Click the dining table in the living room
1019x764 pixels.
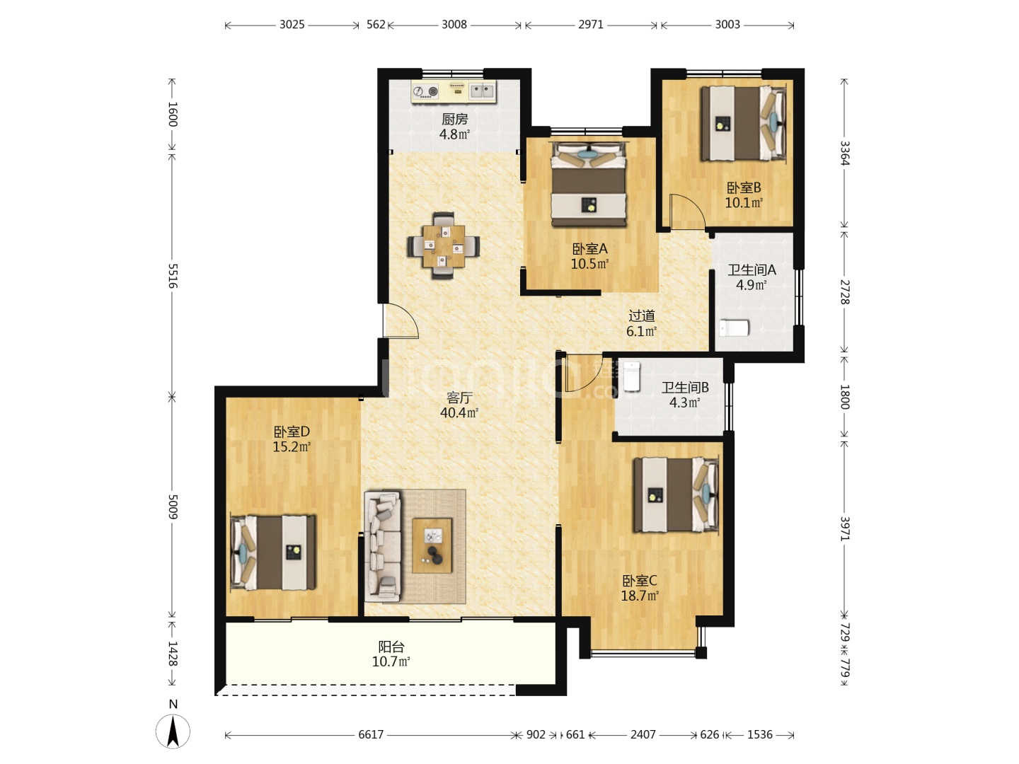coord(444,246)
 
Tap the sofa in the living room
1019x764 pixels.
coord(384,546)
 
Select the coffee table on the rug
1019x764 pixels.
coord(432,545)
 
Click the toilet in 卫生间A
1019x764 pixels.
coord(734,328)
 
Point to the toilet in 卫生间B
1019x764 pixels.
coord(631,376)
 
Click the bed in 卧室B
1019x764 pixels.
coord(743,123)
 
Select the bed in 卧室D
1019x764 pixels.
coord(273,552)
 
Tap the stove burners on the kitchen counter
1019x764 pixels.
coord(426,91)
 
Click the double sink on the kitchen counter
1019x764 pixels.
coord(482,91)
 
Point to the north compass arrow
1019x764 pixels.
coord(173,731)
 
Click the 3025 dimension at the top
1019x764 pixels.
coord(292,25)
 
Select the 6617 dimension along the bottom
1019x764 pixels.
coord(371,734)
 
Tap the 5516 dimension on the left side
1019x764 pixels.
coord(173,276)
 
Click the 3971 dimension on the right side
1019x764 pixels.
coord(844,528)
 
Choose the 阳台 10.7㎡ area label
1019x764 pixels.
coord(391,654)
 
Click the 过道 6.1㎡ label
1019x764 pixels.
coord(642,323)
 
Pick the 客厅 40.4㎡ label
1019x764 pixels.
coord(459,405)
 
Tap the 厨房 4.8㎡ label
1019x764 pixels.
coord(454,127)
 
